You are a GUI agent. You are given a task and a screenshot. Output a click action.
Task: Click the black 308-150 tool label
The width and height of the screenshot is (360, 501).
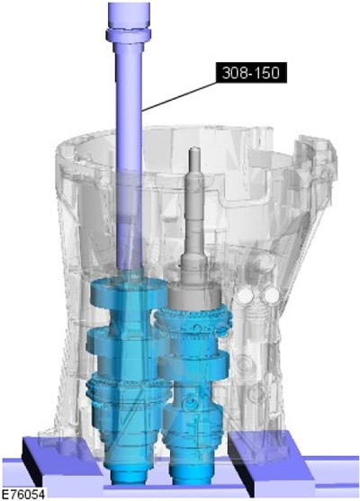click(x=251, y=73)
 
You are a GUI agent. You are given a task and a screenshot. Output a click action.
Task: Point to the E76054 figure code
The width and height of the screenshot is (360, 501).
click(x=22, y=494)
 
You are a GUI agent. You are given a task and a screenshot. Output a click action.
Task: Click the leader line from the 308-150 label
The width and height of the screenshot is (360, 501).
click(x=179, y=96)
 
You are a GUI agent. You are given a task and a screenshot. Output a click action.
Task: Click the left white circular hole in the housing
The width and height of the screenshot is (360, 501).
click(x=247, y=294)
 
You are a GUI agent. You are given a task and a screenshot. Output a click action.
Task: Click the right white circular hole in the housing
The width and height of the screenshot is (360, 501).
click(x=272, y=294)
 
